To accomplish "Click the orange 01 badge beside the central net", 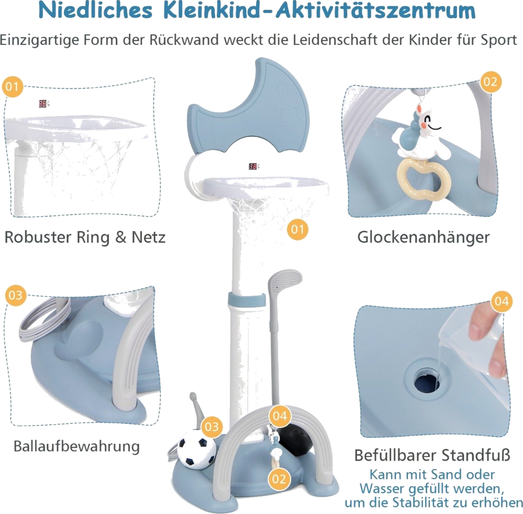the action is click(297, 229).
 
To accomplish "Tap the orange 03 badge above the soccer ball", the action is click(211, 426).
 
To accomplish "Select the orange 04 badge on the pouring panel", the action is click(502, 301).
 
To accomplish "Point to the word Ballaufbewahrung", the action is click(77, 447).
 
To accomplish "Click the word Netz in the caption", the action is click(148, 237).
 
